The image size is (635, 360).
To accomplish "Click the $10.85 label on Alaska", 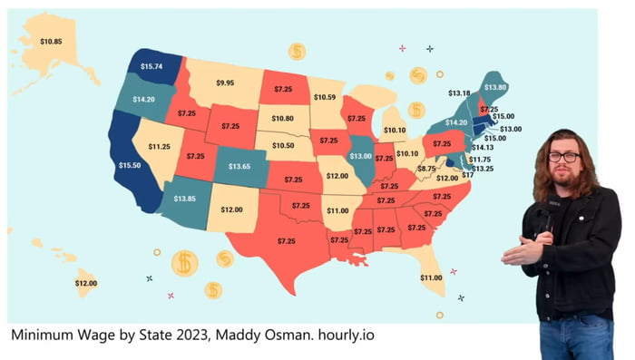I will pyautogui.click(x=51, y=42).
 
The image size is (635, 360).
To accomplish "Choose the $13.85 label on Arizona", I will pyautogui.click(x=185, y=198).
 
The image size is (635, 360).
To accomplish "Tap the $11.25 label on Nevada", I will pyautogui.click(x=160, y=146).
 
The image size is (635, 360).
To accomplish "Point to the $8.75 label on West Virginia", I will pyautogui.click(x=426, y=169).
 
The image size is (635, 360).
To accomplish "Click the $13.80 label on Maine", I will pyautogui.click(x=494, y=86).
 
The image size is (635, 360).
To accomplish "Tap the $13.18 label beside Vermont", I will pyautogui.click(x=460, y=92).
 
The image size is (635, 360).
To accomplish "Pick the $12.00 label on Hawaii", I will pyautogui.click(x=86, y=284).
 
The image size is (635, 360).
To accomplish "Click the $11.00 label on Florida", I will pyautogui.click(x=431, y=277).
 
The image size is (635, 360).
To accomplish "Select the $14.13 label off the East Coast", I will pyautogui.click(x=483, y=147).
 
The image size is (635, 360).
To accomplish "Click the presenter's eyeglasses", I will pyautogui.click(x=563, y=157).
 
